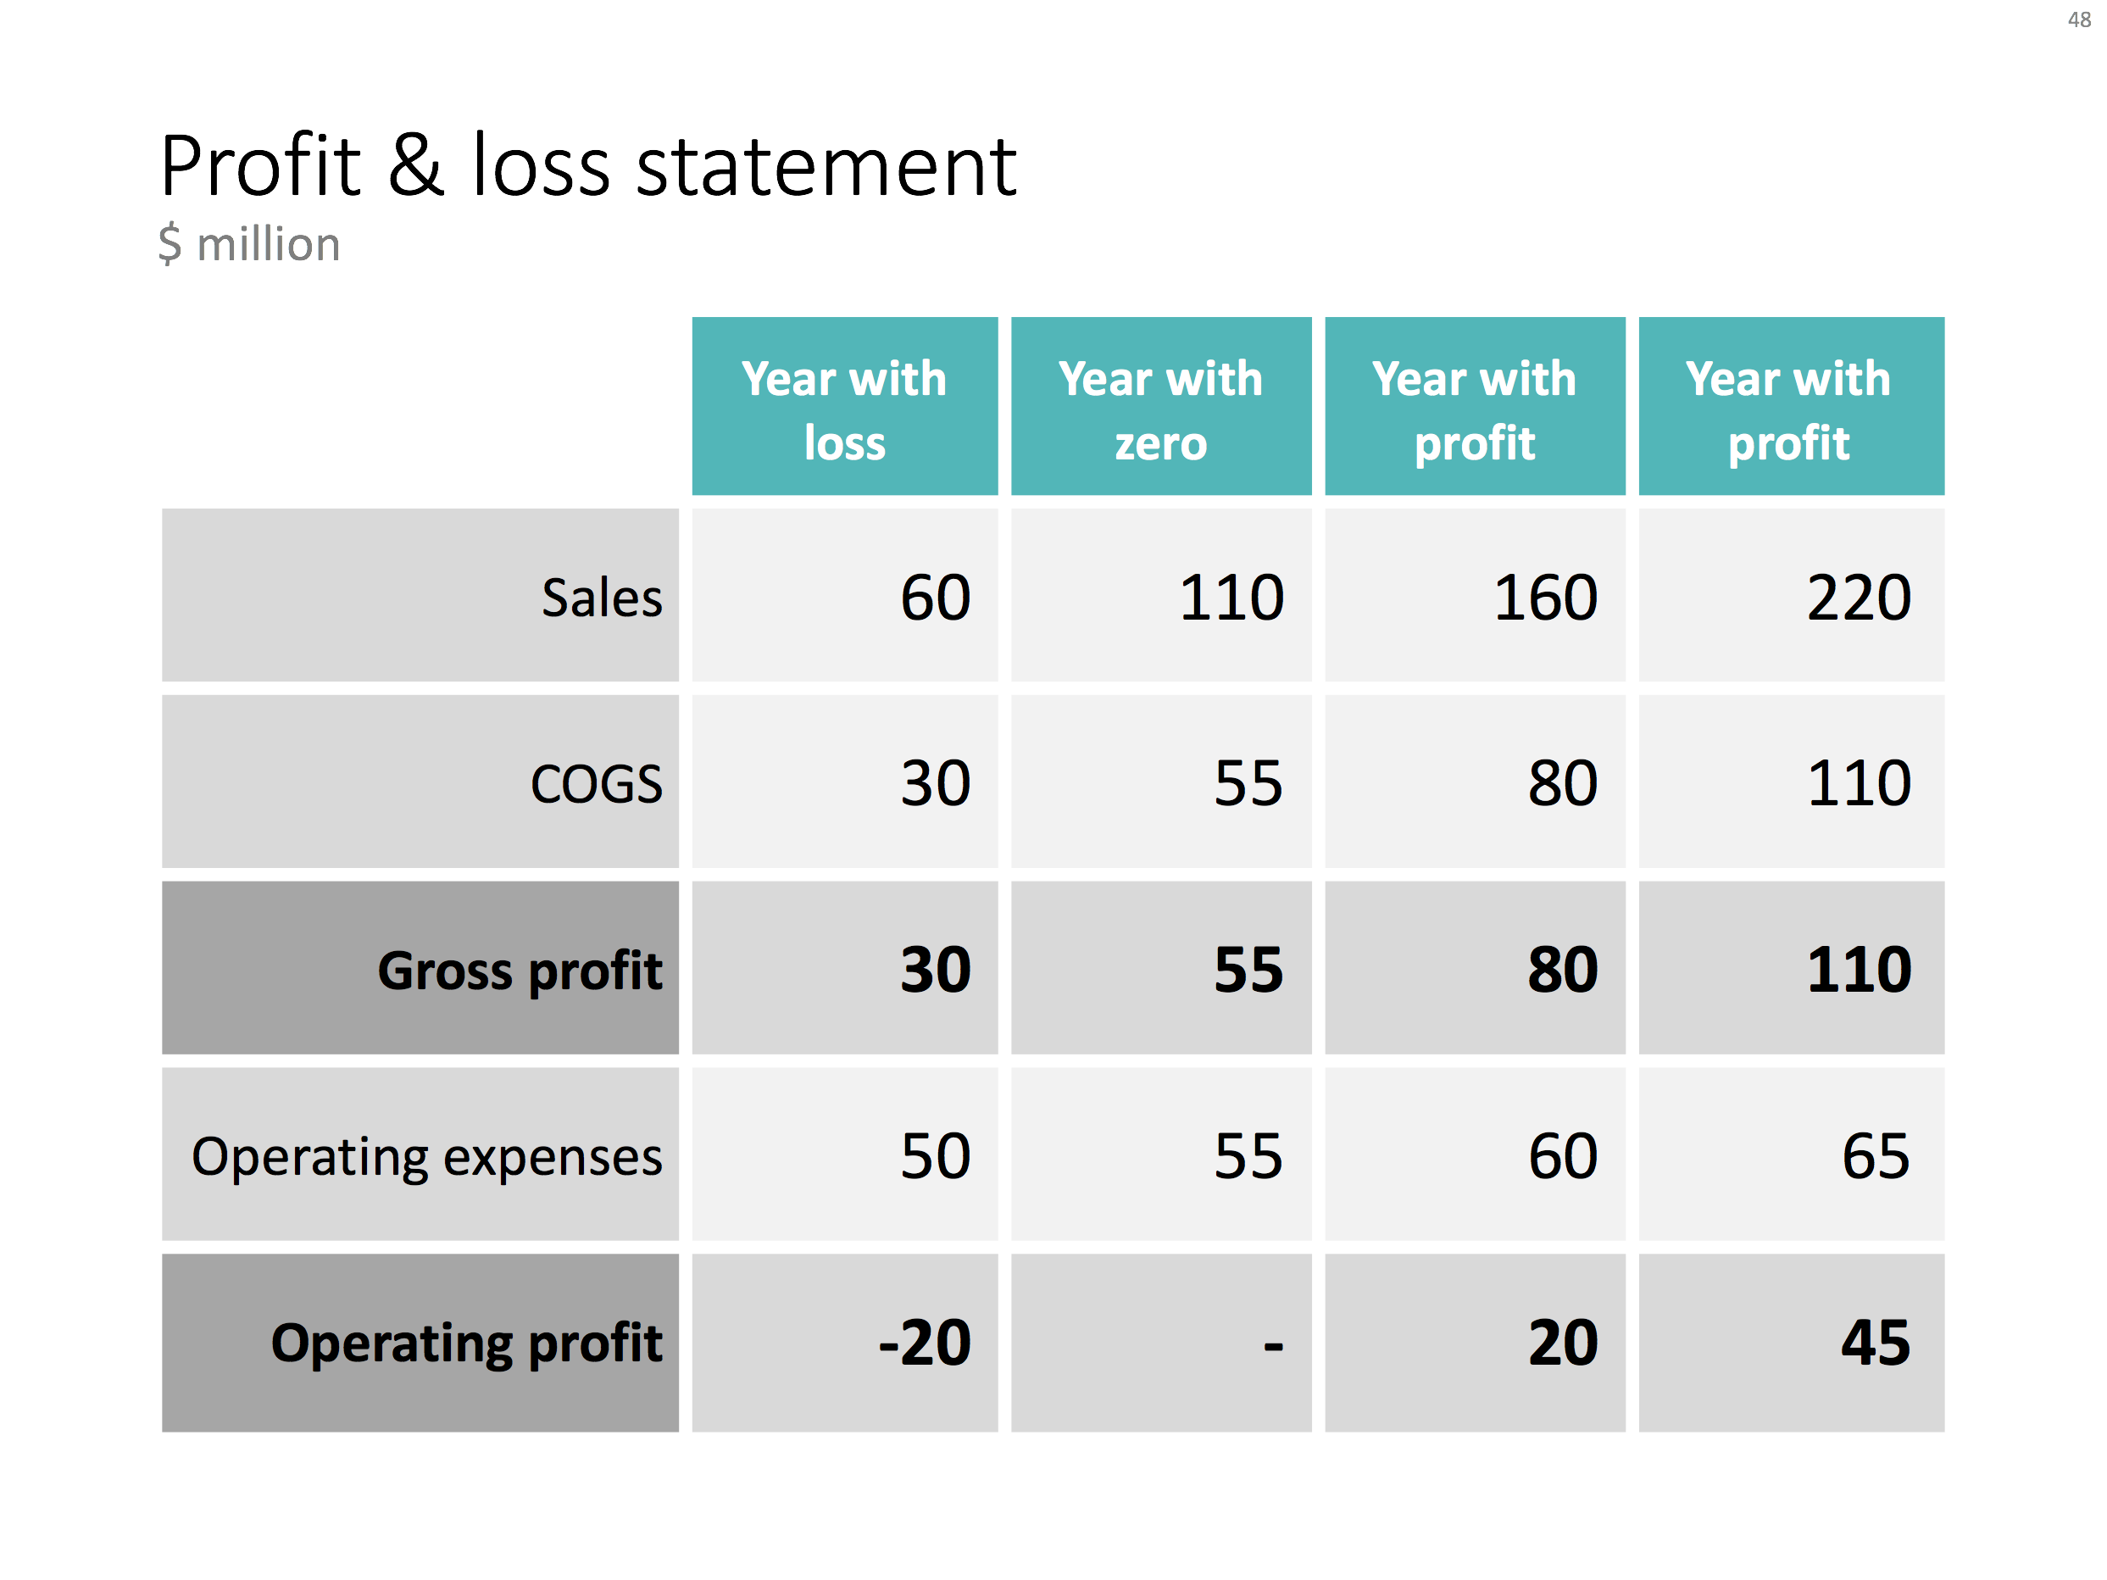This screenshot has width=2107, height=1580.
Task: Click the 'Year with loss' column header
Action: [x=844, y=409]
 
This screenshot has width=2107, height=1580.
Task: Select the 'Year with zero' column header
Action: [x=1160, y=409]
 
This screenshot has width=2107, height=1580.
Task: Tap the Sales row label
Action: [x=601, y=598]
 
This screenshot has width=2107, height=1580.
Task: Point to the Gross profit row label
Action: [x=520, y=971]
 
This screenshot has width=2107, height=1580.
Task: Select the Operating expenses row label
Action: [x=425, y=1157]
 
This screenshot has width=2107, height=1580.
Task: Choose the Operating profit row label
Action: [x=466, y=1343]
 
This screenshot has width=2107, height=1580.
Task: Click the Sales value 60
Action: [x=935, y=598]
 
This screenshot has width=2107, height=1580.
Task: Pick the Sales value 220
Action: [x=1858, y=598]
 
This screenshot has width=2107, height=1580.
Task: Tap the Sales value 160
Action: [x=1544, y=598]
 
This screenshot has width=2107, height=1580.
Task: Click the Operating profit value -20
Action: [x=923, y=1343]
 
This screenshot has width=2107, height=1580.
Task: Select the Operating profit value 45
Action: [x=1875, y=1343]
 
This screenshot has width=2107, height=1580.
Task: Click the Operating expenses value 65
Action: [x=1875, y=1157]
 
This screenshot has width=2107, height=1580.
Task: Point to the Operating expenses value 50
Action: [x=935, y=1157]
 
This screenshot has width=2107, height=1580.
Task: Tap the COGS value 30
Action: [x=935, y=784]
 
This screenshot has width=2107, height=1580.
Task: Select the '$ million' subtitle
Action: [x=249, y=244]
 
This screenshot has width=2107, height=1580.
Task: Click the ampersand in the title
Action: [x=415, y=166]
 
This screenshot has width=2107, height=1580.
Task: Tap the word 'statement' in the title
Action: [x=826, y=168]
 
